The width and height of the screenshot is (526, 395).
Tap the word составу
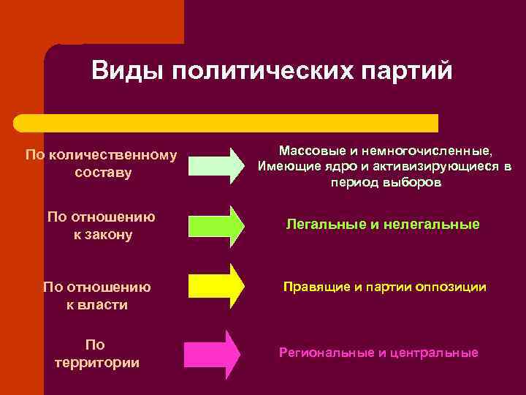pos(103,173)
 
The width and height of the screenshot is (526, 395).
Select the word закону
pos(109,236)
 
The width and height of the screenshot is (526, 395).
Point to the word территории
pos(97,363)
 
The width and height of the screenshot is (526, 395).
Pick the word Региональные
pos(326,353)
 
